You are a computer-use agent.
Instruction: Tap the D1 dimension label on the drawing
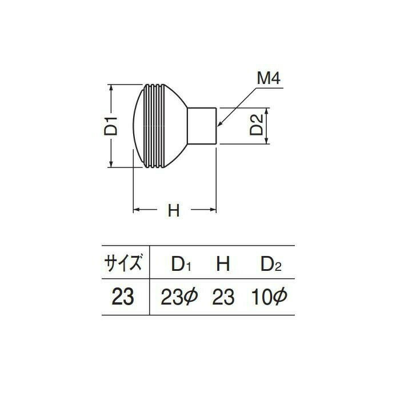[111, 126]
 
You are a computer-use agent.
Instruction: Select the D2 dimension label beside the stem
[256, 125]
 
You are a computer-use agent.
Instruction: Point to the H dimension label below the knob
[174, 210]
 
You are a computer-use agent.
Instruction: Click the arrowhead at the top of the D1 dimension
[111, 88]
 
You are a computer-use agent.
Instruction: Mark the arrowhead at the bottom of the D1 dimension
[111, 163]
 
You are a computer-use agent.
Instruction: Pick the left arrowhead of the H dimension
[137, 210]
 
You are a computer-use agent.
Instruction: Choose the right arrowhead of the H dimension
[213, 210]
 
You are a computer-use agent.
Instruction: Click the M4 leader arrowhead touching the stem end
[219, 124]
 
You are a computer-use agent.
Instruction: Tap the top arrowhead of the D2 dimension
[267, 111]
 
